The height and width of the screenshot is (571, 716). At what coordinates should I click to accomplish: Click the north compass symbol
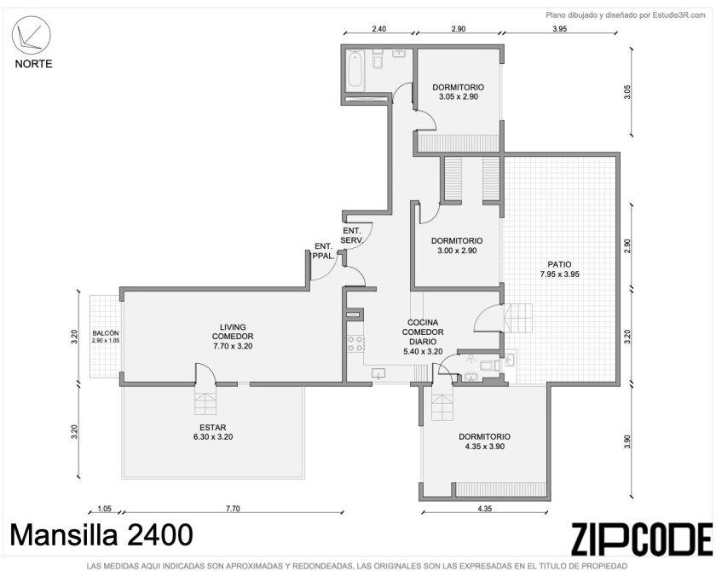[x=31, y=35]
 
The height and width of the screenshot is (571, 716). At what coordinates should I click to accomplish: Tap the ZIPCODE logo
[x=641, y=539]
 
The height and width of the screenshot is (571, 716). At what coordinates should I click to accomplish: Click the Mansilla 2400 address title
[x=101, y=534]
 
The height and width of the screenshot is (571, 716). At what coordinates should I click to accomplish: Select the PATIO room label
[x=559, y=269]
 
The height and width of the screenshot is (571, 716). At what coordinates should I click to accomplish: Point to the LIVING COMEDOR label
[x=233, y=337]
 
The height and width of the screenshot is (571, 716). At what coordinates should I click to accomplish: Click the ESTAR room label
[x=213, y=432]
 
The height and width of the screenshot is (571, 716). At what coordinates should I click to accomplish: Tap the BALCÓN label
[x=106, y=337]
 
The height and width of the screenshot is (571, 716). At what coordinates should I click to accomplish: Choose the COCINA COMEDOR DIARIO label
[x=423, y=337]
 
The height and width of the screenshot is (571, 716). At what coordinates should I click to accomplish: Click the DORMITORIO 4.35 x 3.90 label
[x=484, y=441]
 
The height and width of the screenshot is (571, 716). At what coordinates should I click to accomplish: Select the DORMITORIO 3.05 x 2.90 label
[x=459, y=92]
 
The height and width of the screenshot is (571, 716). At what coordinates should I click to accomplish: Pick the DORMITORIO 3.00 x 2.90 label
[x=457, y=245]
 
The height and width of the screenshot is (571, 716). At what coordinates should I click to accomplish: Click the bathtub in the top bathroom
[x=355, y=69]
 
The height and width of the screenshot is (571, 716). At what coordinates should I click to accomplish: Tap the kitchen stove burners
[x=355, y=343]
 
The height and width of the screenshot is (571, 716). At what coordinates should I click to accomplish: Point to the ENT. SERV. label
[x=352, y=235]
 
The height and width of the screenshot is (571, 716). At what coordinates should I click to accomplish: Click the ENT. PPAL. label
[x=323, y=251]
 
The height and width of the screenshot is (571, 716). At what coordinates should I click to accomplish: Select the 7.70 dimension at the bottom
[x=233, y=509]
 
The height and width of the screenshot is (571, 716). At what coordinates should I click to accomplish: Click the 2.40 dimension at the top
[x=379, y=29]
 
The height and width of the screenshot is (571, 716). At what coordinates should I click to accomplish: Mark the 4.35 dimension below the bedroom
[x=484, y=509]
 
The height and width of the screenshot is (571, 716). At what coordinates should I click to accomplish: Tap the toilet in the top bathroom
[x=377, y=60]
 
